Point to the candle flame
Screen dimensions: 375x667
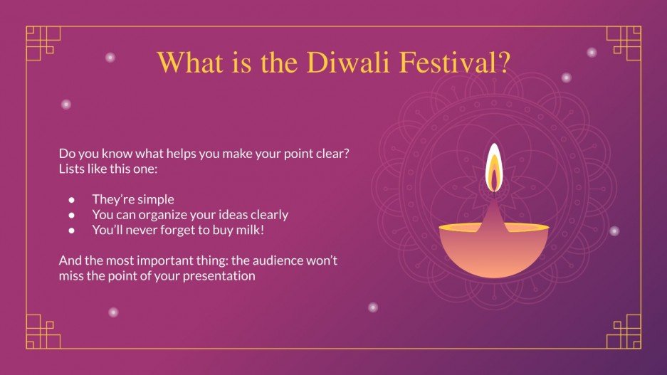(x=493, y=168)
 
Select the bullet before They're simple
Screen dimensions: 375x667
(x=72, y=200)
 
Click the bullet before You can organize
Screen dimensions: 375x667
(x=72, y=214)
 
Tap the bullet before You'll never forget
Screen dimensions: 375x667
(x=72, y=230)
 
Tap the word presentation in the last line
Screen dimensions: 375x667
(x=219, y=276)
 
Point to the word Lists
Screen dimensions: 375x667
(x=72, y=169)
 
